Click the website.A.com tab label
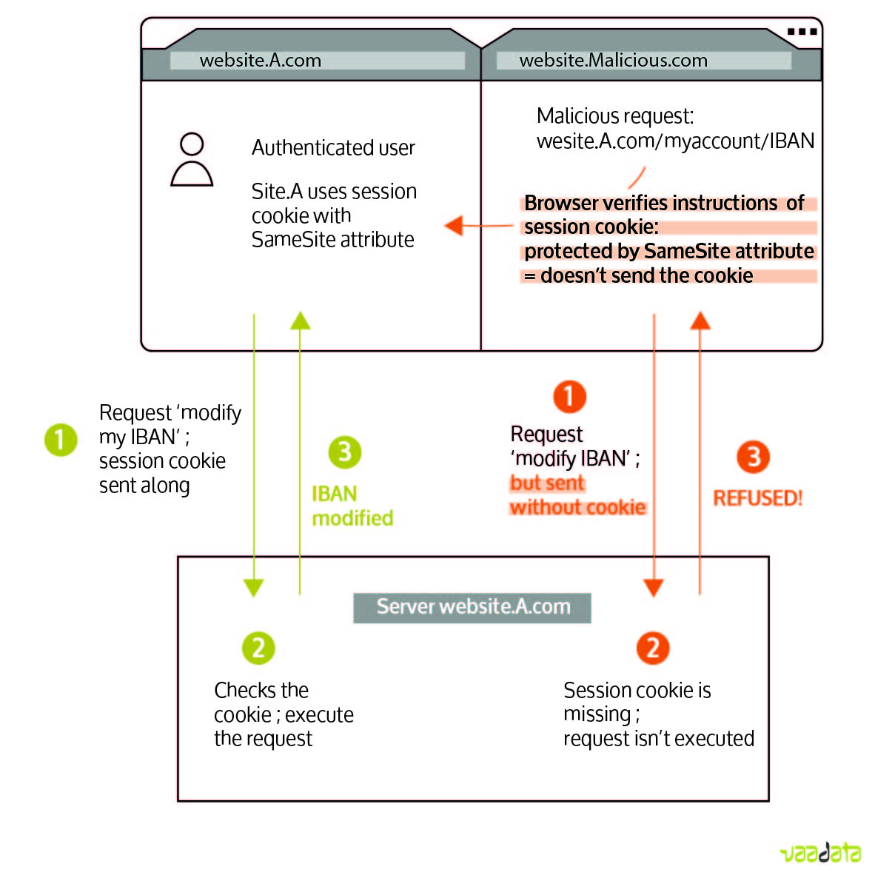tap(260, 60)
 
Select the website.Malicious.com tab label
tap(613, 60)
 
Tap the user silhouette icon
tap(192, 159)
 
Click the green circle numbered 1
tap(61, 440)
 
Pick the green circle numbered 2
tap(258, 648)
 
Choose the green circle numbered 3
tap(345, 452)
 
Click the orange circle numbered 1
tap(569, 397)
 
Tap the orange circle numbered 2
tap(653, 648)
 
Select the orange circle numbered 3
tap(754, 457)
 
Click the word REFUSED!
tap(758, 497)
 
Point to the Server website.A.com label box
tap(472, 608)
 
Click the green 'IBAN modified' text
tap(352, 506)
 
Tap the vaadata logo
tap(821, 853)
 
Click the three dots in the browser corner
tap(802, 32)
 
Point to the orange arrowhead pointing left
tap(454, 226)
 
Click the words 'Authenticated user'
tap(333, 148)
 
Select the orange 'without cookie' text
tap(577, 507)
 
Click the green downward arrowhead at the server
tap(253, 588)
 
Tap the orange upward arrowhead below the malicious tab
tap(700, 321)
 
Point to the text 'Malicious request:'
tap(615, 116)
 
